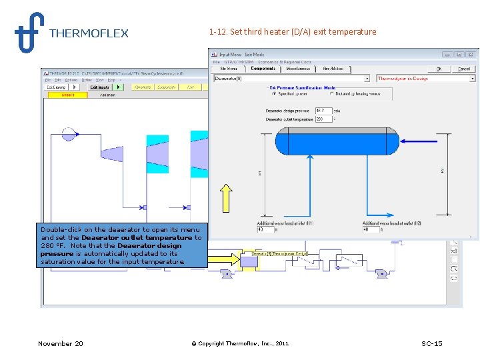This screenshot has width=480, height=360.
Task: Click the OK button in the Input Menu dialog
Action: click(439, 69)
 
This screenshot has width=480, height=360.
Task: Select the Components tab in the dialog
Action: click(263, 69)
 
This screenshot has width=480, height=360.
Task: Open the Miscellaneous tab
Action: click(299, 69)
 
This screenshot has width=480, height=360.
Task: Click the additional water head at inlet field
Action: click(265, 229)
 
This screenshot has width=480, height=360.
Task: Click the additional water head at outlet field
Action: click(371, 229)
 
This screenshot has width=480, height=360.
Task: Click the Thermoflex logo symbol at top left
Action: click(29, 31)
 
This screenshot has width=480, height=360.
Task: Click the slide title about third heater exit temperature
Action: click(292, 31)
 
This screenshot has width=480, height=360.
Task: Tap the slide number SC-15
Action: click(431, 343)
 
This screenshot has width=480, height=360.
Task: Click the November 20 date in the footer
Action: click(61, 343)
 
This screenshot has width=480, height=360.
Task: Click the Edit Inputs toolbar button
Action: click(99, 87)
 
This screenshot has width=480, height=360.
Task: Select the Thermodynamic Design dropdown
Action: click(425, 79)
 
